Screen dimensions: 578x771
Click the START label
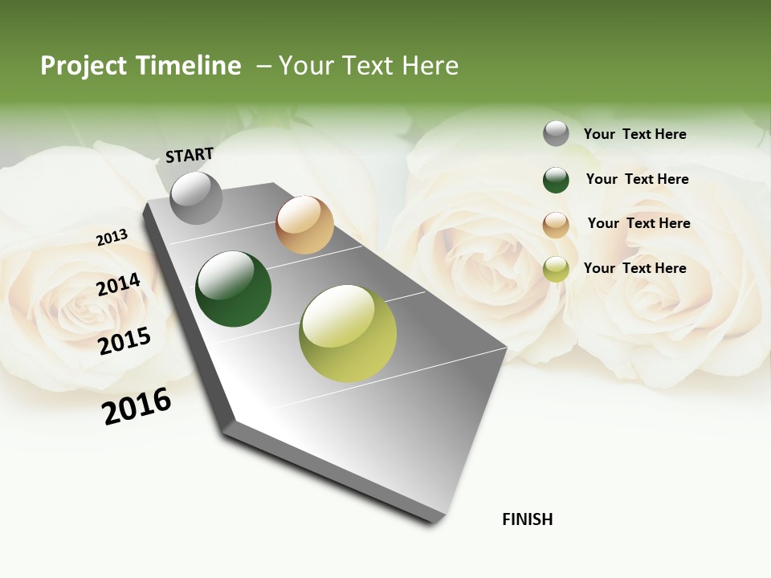tap(190, 155)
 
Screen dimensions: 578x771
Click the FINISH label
tap(527, 519)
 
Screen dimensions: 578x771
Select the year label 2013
tap(112, 238)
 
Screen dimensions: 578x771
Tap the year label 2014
tap(118, 285)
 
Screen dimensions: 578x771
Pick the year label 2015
tap(124, 340)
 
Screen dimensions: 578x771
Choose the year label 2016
tap(137, 406)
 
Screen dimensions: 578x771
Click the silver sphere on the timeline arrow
tap(197, 197)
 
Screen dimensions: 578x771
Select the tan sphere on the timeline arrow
tap(304, 225)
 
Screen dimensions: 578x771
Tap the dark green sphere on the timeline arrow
tap(234, 289)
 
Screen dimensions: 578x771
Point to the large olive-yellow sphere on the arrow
tap(348, 333)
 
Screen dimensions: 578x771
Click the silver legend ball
tap(556, 133)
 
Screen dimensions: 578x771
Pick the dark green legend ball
tap(556, 180)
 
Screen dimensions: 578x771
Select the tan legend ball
tap(556, 225)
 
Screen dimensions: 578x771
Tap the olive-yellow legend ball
tap(556, 269)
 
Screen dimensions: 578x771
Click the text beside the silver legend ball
tap(634, 134)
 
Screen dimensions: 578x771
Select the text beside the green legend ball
tap(637, 179)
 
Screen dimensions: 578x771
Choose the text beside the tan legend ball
tap(638, 223)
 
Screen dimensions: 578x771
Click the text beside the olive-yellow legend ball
tap(634, 268)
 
